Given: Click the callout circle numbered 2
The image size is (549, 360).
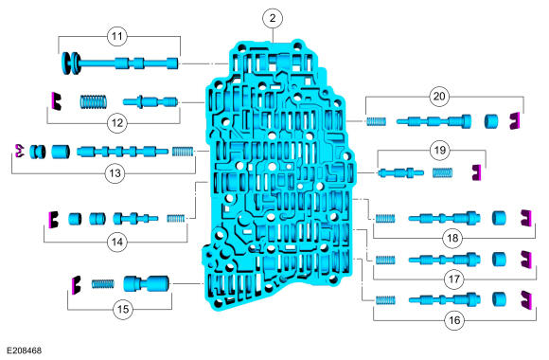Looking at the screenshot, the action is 273,18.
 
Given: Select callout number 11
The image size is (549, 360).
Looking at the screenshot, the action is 117,36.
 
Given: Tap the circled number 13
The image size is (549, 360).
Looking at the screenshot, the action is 115,173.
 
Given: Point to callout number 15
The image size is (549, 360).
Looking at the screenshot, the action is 123,309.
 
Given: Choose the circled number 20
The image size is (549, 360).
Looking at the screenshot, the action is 439,96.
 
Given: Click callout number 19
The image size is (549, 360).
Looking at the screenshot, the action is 440,150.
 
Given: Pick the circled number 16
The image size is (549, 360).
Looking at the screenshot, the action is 454,320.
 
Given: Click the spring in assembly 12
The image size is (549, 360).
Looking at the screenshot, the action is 93,101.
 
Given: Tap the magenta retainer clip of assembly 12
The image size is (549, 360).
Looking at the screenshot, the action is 56,101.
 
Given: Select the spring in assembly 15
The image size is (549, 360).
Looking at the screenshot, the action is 103,283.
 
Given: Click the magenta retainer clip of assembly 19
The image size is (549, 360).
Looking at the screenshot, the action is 476,172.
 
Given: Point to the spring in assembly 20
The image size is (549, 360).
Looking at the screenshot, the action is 376,121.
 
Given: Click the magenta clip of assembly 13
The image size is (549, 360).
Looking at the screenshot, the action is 20,151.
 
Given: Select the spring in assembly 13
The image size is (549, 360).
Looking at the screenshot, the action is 183,152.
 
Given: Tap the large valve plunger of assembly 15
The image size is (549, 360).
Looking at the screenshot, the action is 146,283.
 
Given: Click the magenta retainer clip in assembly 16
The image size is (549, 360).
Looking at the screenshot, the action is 526,300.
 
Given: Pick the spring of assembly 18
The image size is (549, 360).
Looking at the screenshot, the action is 385,219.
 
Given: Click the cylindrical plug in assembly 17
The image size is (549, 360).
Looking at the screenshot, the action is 499,259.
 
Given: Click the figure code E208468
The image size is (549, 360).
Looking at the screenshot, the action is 25,351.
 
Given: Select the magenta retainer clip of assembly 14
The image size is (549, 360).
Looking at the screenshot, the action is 54,220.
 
